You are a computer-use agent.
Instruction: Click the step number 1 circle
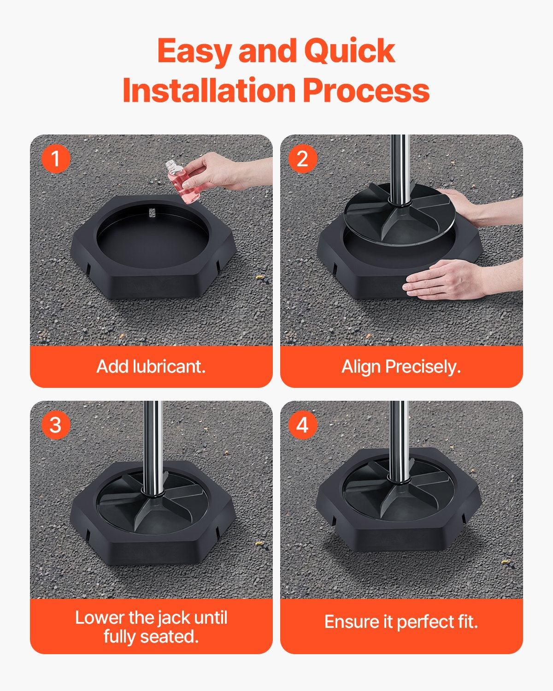tap(56, 159)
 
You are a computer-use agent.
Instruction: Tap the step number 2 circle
tap(302, 159)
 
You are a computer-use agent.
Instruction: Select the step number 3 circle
tap(56, 425)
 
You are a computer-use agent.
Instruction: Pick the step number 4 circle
tap(302, 425)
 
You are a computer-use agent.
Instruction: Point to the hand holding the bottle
tap(217, 171)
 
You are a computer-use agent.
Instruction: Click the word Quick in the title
tap(349, 51)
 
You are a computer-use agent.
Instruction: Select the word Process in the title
tap(366, 90)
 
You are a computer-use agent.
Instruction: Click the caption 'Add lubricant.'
tap(151, 367)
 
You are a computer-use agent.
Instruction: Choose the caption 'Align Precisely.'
tap(401, 367)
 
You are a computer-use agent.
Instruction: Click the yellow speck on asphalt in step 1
tap(259, 277)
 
